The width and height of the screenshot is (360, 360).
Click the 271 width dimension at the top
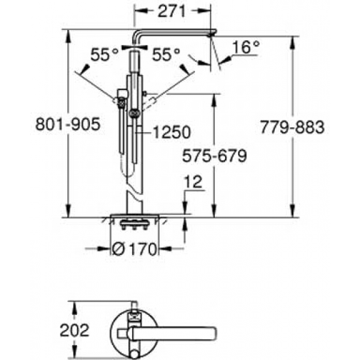[172, 11]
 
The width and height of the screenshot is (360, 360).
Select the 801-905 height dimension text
[68, 124]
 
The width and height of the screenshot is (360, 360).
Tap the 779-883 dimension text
[292, 127]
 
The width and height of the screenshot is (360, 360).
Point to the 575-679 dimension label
[214, 156]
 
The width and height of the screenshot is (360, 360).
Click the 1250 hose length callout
[172, 132]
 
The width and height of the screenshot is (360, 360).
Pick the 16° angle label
[246, 47]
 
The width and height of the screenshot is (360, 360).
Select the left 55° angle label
[104, 55]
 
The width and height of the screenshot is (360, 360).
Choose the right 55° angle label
[166, 55]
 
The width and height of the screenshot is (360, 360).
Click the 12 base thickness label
[193, 182]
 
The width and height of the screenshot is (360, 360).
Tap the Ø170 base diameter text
[134, 249]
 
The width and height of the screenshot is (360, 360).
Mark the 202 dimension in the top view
[74, 331]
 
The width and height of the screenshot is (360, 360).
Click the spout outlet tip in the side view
[211, 35]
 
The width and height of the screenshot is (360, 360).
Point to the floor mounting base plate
[135, 215]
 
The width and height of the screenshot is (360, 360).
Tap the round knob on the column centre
[134, 113]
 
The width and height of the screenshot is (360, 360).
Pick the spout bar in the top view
[172, 333]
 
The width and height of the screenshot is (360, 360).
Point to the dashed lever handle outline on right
[149, 104]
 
